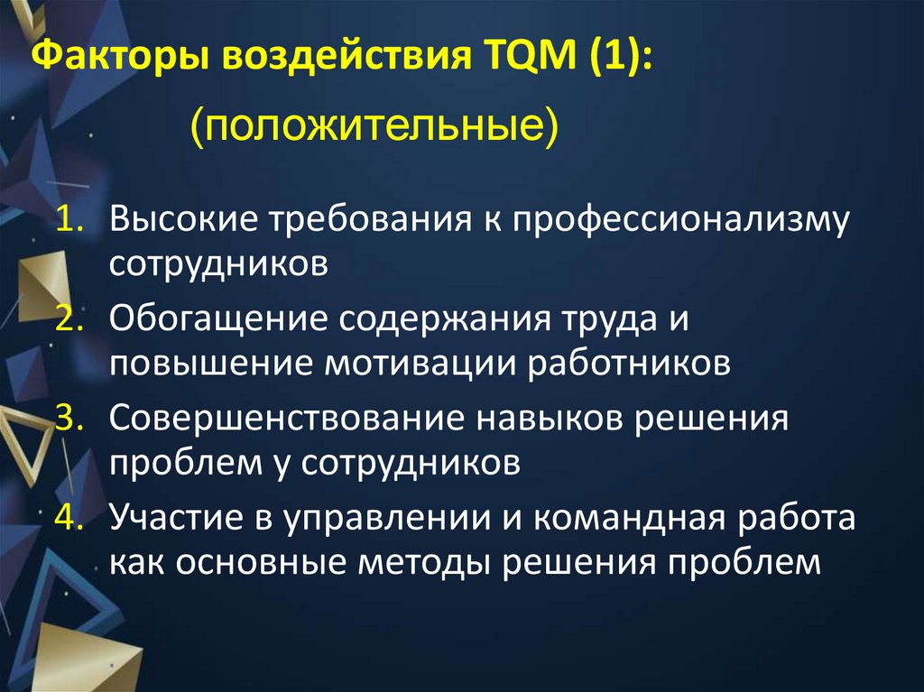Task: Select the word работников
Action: pos(629,364)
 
